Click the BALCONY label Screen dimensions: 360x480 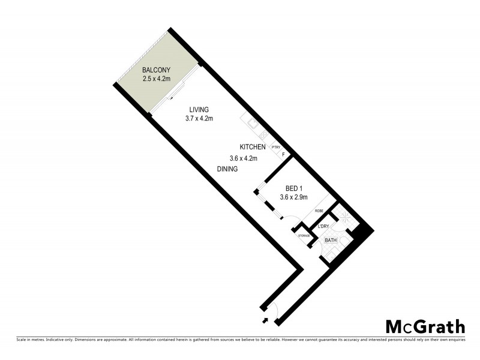155,70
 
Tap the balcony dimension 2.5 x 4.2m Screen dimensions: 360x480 155,79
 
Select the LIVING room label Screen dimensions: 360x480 199,110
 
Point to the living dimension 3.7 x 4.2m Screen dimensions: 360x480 199,119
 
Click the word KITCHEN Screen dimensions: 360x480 253,148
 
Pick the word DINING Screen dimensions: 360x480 229,170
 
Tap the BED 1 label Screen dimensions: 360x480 294,188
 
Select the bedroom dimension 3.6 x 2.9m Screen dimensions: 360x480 294,197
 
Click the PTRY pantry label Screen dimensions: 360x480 277,147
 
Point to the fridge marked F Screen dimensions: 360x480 283,154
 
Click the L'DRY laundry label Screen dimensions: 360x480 323,226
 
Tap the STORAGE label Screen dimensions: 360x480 304,235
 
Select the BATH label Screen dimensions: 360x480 331,241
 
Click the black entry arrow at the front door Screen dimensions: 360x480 263,308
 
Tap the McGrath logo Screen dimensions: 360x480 425,327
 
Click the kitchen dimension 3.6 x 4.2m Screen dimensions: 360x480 244,159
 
